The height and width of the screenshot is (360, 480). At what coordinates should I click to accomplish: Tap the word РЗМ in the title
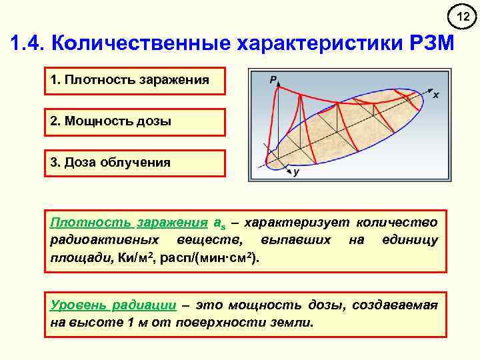pyautogui.click(x=429, y=45)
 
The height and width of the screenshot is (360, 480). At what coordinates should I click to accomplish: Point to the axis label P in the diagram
pyautogui.click(x=273, y=80)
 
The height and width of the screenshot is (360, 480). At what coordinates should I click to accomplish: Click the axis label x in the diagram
pyautogui.click(x=435, y=95)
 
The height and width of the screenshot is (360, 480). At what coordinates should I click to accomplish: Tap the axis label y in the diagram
pyautogui.click(x=295, y=173)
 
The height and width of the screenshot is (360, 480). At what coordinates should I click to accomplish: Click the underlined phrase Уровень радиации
pyautogui.click(x=113, y=305)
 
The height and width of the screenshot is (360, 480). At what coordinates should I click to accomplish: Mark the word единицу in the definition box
pyautogui.click(x=411, y=239)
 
